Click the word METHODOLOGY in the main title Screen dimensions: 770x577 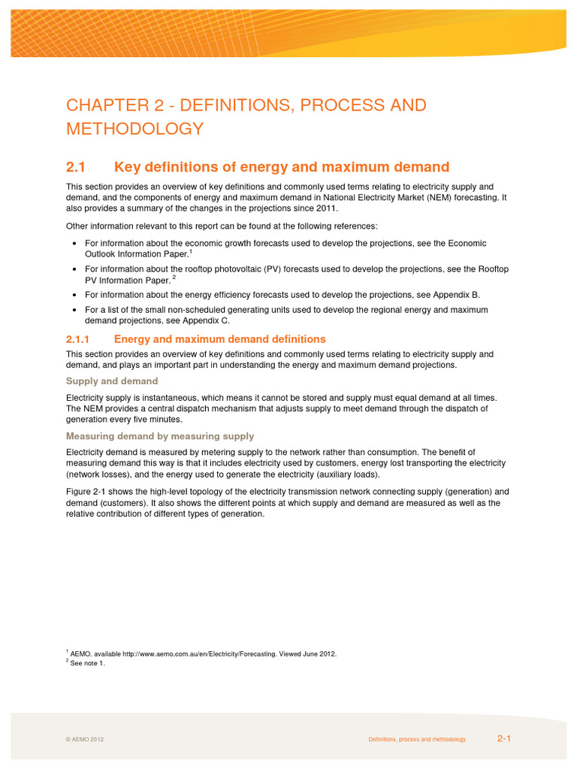(x=134, y=129)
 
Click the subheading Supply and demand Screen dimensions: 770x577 (x=112, y=381)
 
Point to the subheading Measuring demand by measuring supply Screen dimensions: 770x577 (x=160, y=436)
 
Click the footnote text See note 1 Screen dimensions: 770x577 (x=89, y=663)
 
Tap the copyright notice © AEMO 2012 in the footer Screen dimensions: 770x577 (x=85, y=740)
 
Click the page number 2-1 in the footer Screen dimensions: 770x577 (x=503, y=739)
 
